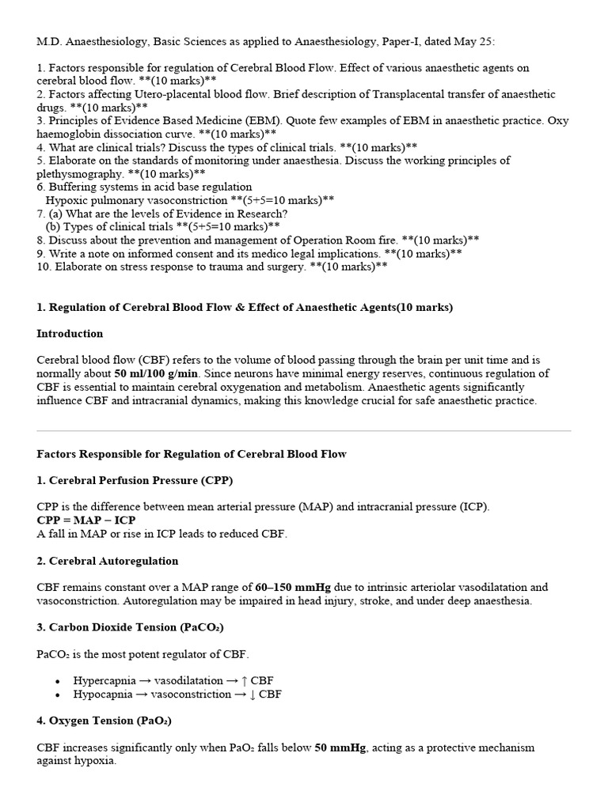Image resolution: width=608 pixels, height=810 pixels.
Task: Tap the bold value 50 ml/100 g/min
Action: [x=157, y=373]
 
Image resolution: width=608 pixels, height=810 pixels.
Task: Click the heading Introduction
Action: [x=70, y=334]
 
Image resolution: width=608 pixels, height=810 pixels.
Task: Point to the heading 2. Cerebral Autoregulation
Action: [x=108, y=561]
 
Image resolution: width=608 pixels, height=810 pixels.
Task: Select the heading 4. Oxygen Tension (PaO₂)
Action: [x=104, y=721]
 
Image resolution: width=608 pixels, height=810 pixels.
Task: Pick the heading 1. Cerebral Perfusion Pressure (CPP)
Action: [x=135, y=480]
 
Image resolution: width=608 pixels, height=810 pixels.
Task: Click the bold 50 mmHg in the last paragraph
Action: [x=341, y=748]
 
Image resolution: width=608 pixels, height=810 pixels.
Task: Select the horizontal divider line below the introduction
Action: [x=304, y=431]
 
